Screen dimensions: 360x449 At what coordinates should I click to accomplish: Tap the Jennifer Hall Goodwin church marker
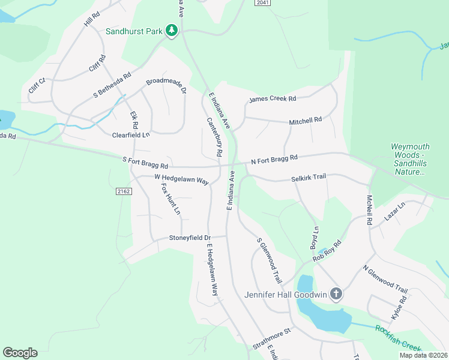336,294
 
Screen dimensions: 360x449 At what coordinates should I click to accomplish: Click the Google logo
20,353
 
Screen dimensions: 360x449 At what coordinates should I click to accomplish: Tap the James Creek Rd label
273,99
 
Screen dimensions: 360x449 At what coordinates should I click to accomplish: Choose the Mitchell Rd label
306,121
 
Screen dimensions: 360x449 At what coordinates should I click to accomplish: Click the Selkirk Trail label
308,178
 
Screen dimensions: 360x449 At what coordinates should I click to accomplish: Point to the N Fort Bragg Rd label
274,159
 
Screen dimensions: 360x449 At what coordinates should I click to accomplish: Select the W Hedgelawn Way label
181,178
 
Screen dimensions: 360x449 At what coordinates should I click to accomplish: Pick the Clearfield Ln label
131,136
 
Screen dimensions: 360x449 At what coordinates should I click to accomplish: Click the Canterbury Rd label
214,137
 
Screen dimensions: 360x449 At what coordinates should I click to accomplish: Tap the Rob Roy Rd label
327,251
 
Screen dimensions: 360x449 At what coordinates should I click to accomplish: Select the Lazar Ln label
394,212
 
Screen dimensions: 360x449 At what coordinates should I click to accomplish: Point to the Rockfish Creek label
399,338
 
